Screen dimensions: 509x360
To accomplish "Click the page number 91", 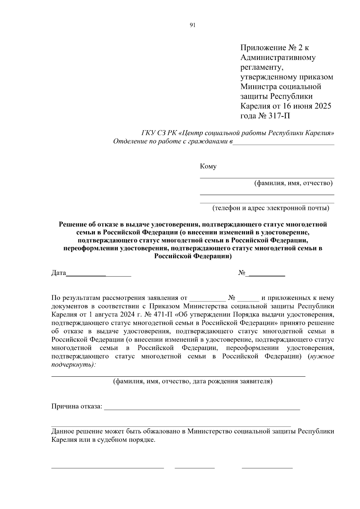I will (193, 25).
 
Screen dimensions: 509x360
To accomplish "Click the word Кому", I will (208, 166).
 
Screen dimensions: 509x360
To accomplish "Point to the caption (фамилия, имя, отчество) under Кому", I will (293, 183).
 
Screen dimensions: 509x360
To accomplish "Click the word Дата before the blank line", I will (58, 273).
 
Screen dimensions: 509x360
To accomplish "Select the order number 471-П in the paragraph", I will (162, 315).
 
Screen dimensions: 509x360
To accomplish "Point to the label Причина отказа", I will (77, 407).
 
